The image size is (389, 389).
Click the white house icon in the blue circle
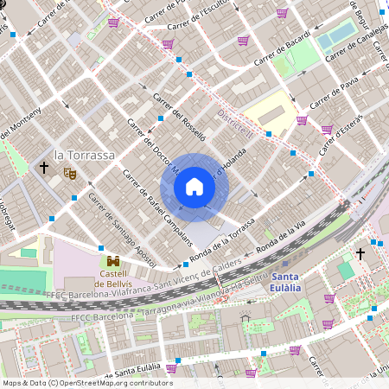pos(194,187)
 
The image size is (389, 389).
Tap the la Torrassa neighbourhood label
pos(84,155)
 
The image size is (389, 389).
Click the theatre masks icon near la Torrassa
pos(69,173)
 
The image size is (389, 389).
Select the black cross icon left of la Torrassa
pos(43,166)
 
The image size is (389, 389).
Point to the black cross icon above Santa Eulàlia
pos(360,253)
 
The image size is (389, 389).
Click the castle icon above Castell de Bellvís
pos(112,261)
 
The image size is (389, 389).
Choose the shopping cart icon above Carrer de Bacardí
pos(244,40)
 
